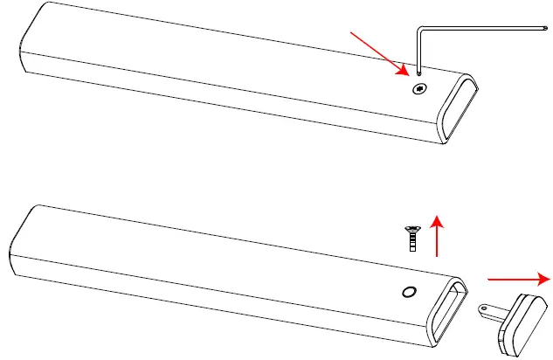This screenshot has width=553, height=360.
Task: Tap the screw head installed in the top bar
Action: pos(420,88)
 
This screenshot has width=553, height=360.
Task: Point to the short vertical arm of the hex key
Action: pos(419,52)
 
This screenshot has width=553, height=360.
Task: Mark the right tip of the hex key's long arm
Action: pos(545,33)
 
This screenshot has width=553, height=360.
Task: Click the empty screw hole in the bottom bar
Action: pos(407,292)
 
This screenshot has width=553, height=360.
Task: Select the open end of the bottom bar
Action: pos(447,310)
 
